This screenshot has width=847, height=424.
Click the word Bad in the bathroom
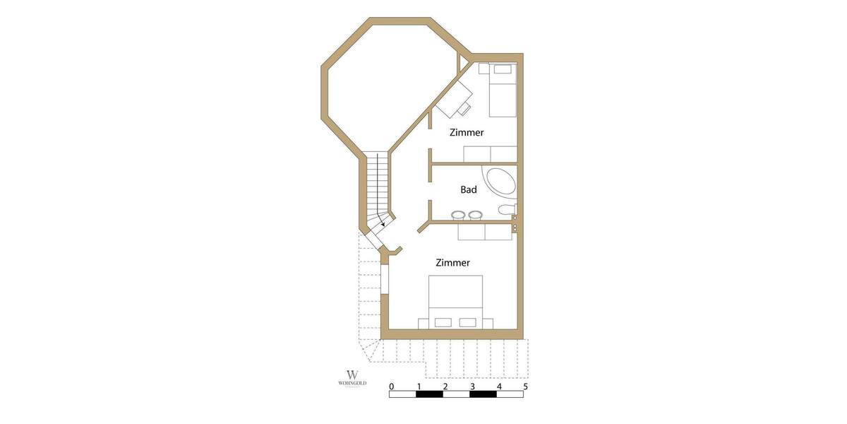click(x=469, y=189)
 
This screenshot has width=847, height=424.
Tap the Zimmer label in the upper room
click(x=467, y=132)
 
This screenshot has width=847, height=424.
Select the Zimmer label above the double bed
click(x=452, y=263)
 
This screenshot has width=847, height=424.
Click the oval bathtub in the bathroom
click(x=500, y=183)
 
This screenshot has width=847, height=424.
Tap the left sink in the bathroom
click(x=457, y=215)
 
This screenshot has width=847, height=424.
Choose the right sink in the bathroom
click(x=475, y=215)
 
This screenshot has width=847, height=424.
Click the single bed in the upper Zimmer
click(x=503, y=90)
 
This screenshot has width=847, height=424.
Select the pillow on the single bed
click(x=503, y=69)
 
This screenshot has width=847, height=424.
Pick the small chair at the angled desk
click(x=464, y=109)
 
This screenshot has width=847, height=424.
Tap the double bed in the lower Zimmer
click(x=456, y=301)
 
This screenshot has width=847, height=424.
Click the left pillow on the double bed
click(x=443, y=322)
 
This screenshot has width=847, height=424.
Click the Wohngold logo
click(x=352, y=377)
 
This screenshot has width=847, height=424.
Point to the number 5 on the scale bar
click(x=525, y=387)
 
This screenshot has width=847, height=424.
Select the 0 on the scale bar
click(x=392, y=387)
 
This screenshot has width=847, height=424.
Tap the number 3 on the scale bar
click(x=472, y=387)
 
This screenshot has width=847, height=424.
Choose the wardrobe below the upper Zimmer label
click(x=490, y=155)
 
